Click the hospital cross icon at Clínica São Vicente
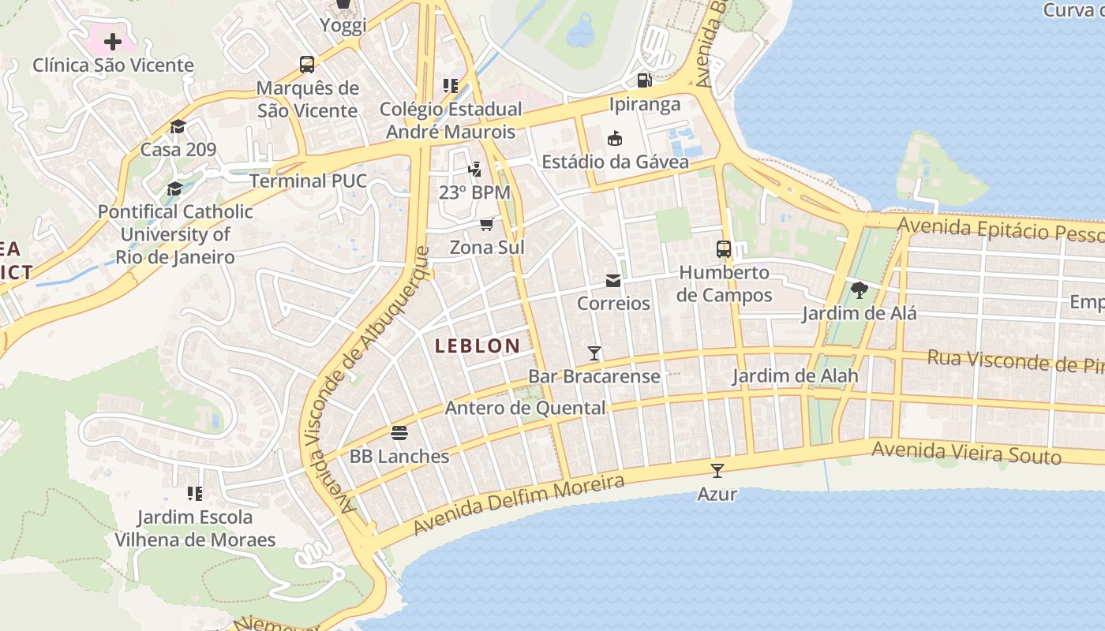tap(113, 41)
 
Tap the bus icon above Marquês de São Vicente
tap(307, 65)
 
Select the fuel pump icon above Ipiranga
tap(644, 80)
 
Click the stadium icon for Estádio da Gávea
tap(614, 139)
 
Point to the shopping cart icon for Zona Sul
tap(487, 225)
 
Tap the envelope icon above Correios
tap(612, 281)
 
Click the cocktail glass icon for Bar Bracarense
tap(594, 353)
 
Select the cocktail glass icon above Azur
tap(717, 471)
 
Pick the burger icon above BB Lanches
tap(399, 433)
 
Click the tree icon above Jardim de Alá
tap(860, 290)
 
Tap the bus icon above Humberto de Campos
tap(724, 249)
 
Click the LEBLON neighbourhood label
tap(478, 345)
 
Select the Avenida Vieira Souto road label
tap(966, 453)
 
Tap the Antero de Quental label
tap(525, 408)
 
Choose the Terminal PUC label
tap(309, 181)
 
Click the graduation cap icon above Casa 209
tap(178, 127)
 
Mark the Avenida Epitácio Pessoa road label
tap(1001, 230)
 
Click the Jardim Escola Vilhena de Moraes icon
tap(195, 494)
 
